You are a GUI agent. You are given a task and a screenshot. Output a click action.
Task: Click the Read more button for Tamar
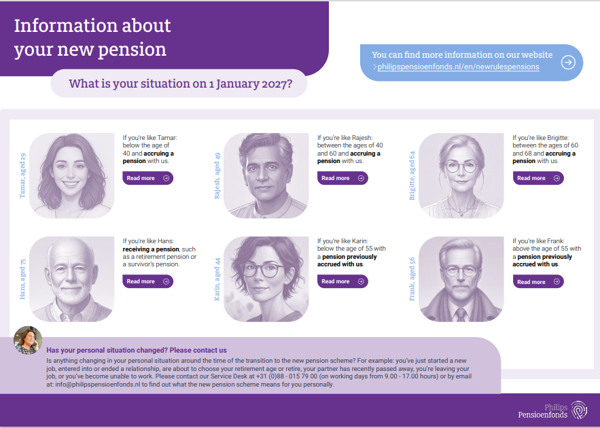pyautogui.click(x=147, y=178)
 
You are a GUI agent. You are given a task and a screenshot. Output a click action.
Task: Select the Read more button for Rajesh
pyautogui.click(x=342, y=178)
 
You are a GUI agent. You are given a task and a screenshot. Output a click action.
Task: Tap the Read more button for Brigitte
pyautogui.click(x=538, y=178)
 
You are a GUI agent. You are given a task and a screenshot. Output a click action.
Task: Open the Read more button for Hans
pyautogui.click(x=147, y=281)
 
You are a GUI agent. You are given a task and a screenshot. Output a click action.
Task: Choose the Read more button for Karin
pyautogui.click(x=342, y=281)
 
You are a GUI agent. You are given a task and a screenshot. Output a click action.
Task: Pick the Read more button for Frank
pyautogui.click(x=538, y=281)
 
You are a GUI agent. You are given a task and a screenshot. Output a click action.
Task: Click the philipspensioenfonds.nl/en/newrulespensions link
pyautogui.click(x=458, y=67)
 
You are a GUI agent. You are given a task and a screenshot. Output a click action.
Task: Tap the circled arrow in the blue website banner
pyautogui.click(x=568, y=63)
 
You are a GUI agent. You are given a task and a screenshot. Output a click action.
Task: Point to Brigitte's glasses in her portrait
pyautogui.click(x=461, y=166)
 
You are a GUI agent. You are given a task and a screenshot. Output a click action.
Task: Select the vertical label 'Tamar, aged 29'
pyautogui.click(x=22, y=175)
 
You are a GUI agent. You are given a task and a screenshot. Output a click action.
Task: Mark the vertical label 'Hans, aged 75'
pyautogui.click(x=22, y=279)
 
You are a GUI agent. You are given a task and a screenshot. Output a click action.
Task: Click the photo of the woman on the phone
pyautogui.click(x=28, y=340)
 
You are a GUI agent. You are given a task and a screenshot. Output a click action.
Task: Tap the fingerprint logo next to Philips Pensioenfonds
pyautogui.click(x=579, y=410)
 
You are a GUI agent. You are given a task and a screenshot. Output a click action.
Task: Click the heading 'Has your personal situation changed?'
pyautogui.click(x=107, y=350)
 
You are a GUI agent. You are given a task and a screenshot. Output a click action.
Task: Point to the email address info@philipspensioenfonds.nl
pyautogui.click(x=98, y=385)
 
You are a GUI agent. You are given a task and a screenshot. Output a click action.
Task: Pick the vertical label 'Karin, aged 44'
pyautogui.click(x=217, y=279)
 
